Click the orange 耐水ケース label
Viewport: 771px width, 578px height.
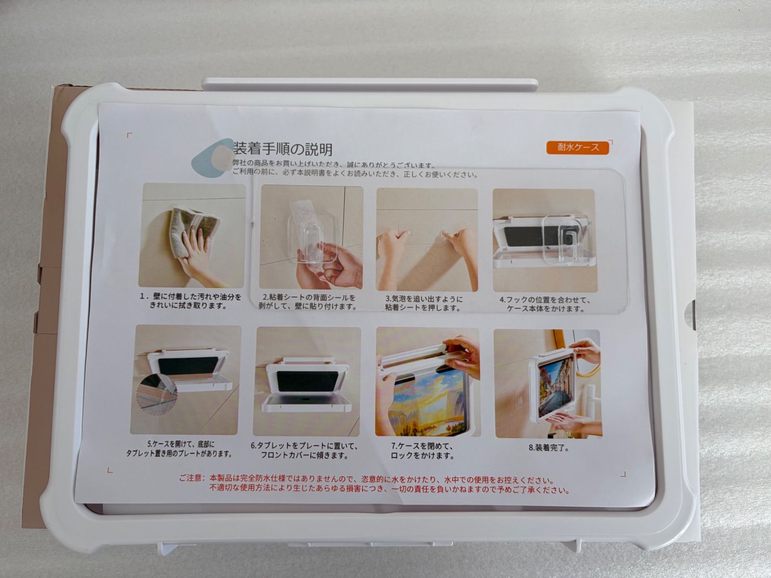(x=578, y=147)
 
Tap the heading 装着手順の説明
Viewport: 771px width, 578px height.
(x=283, y=149)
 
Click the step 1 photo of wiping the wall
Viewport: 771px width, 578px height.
(x=192, y=235)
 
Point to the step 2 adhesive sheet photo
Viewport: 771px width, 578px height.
(x=311, y=237)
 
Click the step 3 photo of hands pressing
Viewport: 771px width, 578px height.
(x=427, y=240)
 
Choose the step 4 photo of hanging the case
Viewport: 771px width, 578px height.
(x=544, y=241)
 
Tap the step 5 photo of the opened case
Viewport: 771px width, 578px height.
(x=186, y=380)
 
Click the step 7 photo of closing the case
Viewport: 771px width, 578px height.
(x=427, y=382)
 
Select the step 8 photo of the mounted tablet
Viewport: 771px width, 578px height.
(x=548, y=383)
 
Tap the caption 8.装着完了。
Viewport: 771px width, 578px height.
(x=549, y=448)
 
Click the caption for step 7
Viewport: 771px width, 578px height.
(x=422, y=451)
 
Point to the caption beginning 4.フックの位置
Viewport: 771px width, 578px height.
(x=545, y=304)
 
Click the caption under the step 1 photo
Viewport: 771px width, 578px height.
(x=190, y=301)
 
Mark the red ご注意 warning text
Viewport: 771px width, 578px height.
(x=374, y=484)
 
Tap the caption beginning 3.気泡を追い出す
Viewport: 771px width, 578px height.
(x=424, y=303)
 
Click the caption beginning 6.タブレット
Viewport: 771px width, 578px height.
(x=304, y=451)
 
